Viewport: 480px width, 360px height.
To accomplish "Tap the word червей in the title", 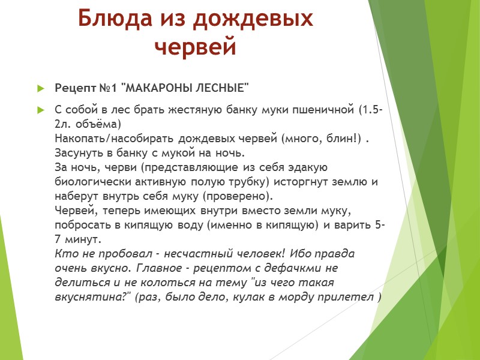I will [196, 46].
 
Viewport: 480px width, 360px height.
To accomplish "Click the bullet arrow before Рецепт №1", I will [41, 89].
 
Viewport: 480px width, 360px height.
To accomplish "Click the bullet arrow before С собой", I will [41, 111].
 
